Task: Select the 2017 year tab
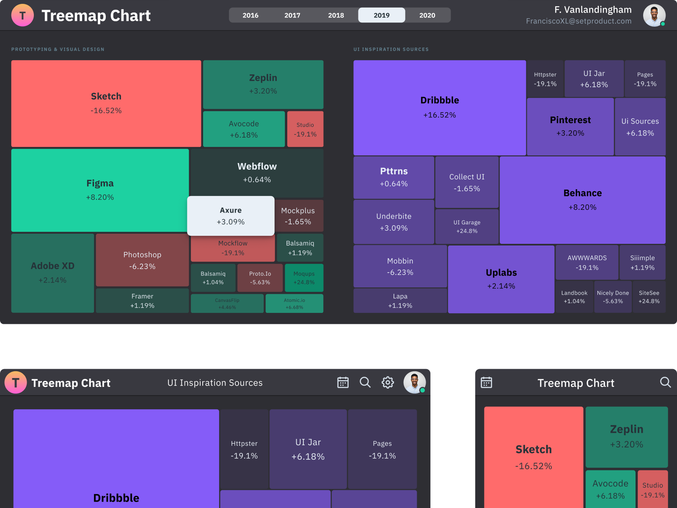292,15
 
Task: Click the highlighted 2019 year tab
381,15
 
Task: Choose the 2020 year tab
427,15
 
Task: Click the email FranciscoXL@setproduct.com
578,21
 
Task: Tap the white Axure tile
231,216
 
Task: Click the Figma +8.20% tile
100,190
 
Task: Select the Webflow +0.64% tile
257,172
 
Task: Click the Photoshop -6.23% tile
142,260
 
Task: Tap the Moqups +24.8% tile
304,278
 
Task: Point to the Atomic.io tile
294,304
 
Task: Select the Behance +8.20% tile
582,200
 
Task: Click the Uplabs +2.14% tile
501,279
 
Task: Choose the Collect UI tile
467,182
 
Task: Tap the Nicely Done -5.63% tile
613,297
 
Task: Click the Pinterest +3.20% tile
570,126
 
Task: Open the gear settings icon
388,383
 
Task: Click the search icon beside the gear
365,383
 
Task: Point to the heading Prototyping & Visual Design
58,50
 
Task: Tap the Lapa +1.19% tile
400,301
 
